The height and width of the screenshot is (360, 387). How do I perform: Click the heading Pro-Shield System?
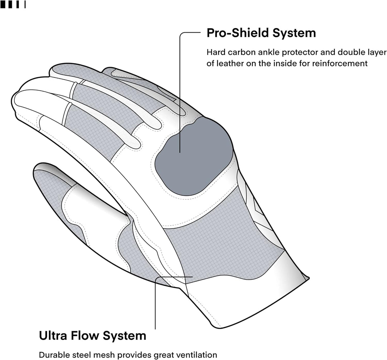[x=261, y=33]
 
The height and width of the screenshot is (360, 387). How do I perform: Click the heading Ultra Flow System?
[x=92, y=336]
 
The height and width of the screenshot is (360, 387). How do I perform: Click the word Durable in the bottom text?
[x=52, y=355]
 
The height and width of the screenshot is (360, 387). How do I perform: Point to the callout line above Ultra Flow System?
[x=155, y=305]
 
